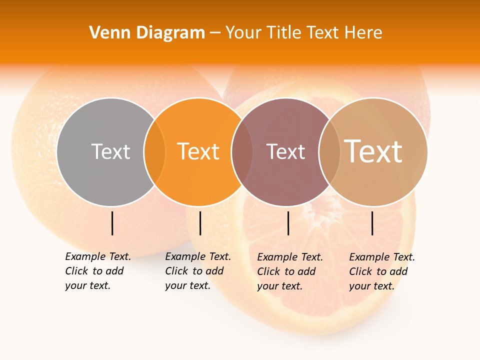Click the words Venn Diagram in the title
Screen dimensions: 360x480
tap(147, 33)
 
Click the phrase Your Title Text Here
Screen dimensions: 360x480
tap(303, 33)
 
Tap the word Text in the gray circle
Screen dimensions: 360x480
tap(110, 151)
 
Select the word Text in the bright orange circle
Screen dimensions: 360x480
tap(198, 151)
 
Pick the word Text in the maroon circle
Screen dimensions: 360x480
tap(285, 152)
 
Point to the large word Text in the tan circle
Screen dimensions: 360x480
tap(373, 151)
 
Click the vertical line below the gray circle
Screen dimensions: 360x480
tap(112, 223)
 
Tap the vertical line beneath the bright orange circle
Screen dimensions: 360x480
tap(200, 223)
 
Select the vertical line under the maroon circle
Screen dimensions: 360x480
tap(288, 223)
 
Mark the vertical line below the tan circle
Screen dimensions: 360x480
tap(372, 223)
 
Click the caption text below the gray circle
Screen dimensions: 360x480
tap(97, 271)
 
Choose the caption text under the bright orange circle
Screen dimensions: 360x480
tap(197, 271)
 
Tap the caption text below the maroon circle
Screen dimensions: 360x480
tap(289, 271)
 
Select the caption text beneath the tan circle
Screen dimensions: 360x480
tap(381, 271)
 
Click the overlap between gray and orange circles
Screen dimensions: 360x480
tap(154, 152)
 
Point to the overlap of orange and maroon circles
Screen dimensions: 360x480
tap(242, 152)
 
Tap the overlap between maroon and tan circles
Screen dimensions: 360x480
tap(329, 152)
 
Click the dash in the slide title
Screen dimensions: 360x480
tap(215, 33)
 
